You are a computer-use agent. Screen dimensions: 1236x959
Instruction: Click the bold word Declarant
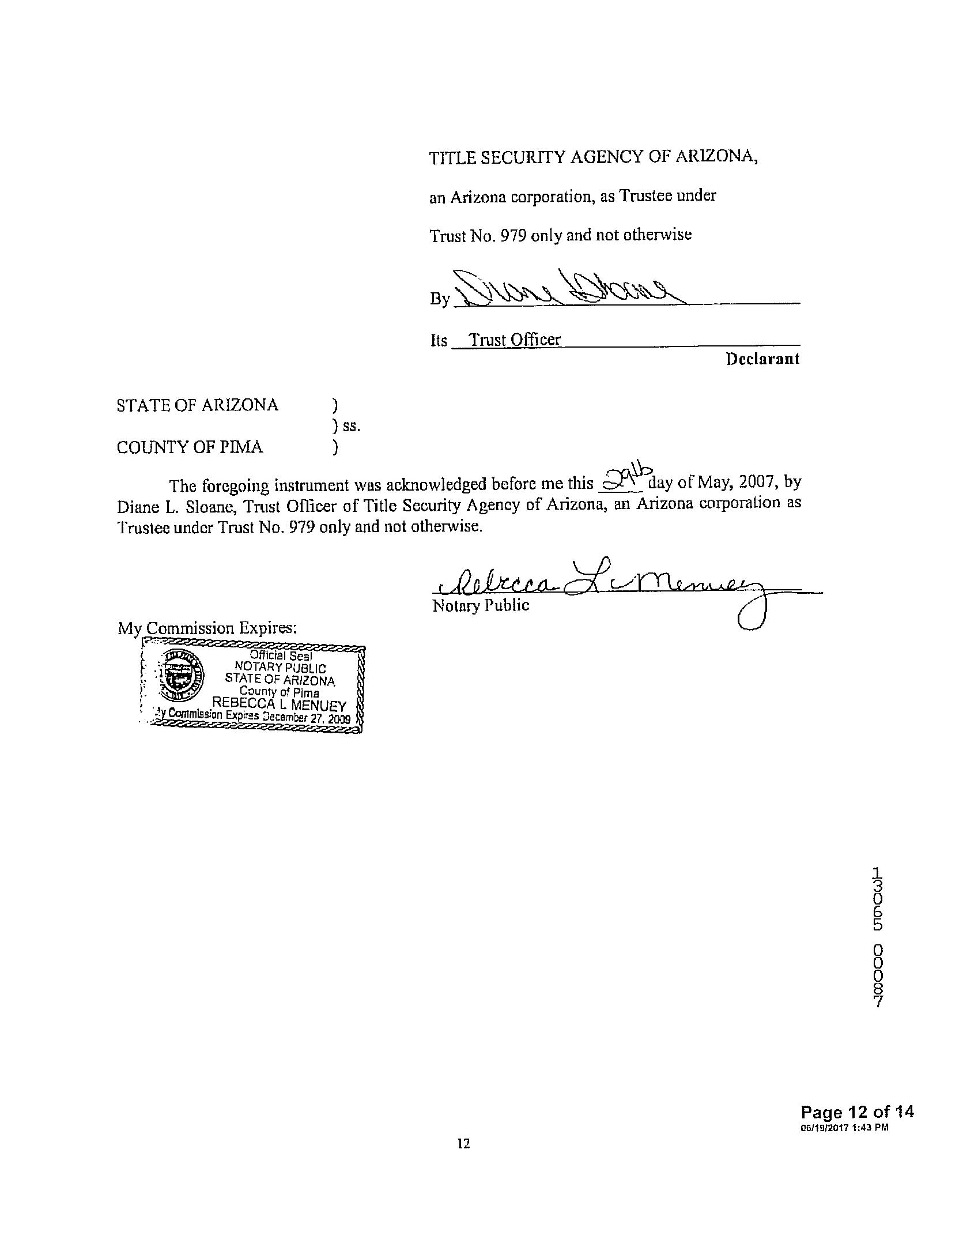point(762,359)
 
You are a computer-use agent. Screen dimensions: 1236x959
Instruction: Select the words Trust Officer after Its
point(515,340)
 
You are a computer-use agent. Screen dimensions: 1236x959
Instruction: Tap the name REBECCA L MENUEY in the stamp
point(280,705)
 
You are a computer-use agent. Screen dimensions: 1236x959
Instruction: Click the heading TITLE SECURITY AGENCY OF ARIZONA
point(593,157)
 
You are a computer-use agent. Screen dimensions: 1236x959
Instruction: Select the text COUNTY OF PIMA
point(190,447)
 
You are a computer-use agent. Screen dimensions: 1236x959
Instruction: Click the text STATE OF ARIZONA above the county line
point(197,405)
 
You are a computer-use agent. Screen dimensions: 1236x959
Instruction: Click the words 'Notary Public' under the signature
point(480,605)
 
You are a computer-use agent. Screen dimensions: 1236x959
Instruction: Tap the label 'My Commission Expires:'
point(207,627)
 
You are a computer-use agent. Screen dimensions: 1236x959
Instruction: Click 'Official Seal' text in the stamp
point(281,655)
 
